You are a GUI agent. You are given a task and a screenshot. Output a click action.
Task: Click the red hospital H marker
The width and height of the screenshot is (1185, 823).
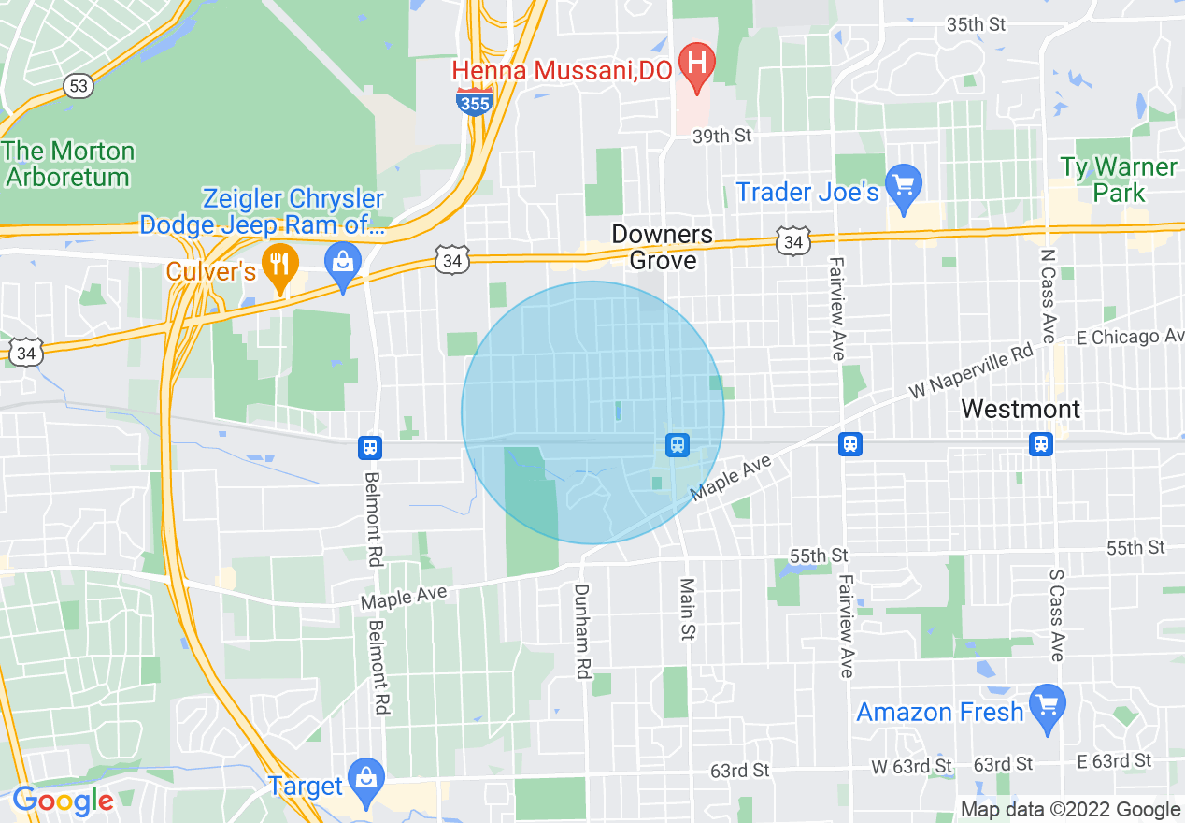click(x=696, y=65)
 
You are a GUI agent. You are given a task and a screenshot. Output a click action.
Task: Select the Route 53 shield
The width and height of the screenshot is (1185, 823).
click(x=79, y=86)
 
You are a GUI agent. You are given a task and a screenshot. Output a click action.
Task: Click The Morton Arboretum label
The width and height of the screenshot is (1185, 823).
click(x=68, y=164)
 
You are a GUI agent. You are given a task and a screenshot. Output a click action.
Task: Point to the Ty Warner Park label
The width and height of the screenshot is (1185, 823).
click(x=1118, y=180)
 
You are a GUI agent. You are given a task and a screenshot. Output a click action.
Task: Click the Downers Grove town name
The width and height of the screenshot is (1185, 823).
click(x=663, y=247)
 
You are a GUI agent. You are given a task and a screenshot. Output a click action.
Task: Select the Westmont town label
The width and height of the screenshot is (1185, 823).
click(x=1021, y=409)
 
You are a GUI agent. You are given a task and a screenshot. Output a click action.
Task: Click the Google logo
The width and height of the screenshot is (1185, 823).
click(x=63, y=801)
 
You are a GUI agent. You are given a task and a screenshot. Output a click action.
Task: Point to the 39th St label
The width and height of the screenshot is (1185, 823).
click(x=721, y=137)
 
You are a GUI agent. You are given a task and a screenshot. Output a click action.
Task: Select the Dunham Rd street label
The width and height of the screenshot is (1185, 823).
click(x=582, y=631)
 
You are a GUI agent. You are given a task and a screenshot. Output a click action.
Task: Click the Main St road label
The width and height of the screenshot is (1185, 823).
click(x=688, y=610)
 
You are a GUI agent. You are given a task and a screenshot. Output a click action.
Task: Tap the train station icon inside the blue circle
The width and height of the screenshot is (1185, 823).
click(x=678, y=445)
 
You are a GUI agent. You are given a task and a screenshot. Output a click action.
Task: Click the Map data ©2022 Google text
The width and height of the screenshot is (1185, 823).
click(x=1070, y=810)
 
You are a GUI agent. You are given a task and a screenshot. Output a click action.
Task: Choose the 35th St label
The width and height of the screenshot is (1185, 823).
click(x=976, y=24)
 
